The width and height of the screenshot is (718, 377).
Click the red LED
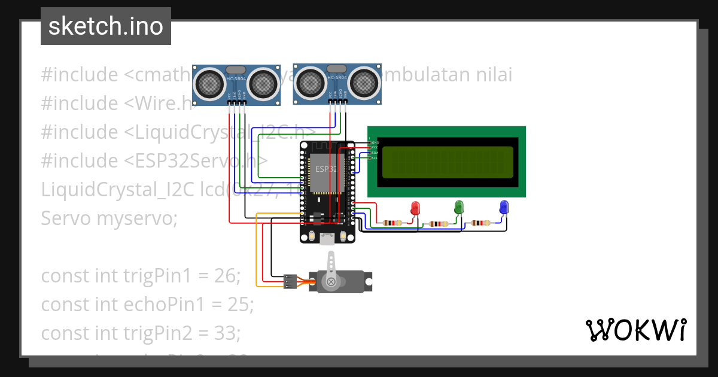[x=415, y=208]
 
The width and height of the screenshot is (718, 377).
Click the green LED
[x=460, y=207]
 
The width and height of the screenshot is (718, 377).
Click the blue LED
[x=504, y=207]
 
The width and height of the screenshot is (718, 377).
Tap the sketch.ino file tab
[x=106, y=27]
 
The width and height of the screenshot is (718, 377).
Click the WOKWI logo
[x=635, y=330]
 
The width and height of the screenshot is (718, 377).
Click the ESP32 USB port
[x=327, y=239]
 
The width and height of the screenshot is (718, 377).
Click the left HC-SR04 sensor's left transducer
[x=210, y=83]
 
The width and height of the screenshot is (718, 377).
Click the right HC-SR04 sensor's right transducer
[x=364, y=82]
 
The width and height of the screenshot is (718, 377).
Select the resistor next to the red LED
[x=393, y=223]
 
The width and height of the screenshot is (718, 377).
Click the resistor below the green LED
[x=439, y=224]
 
